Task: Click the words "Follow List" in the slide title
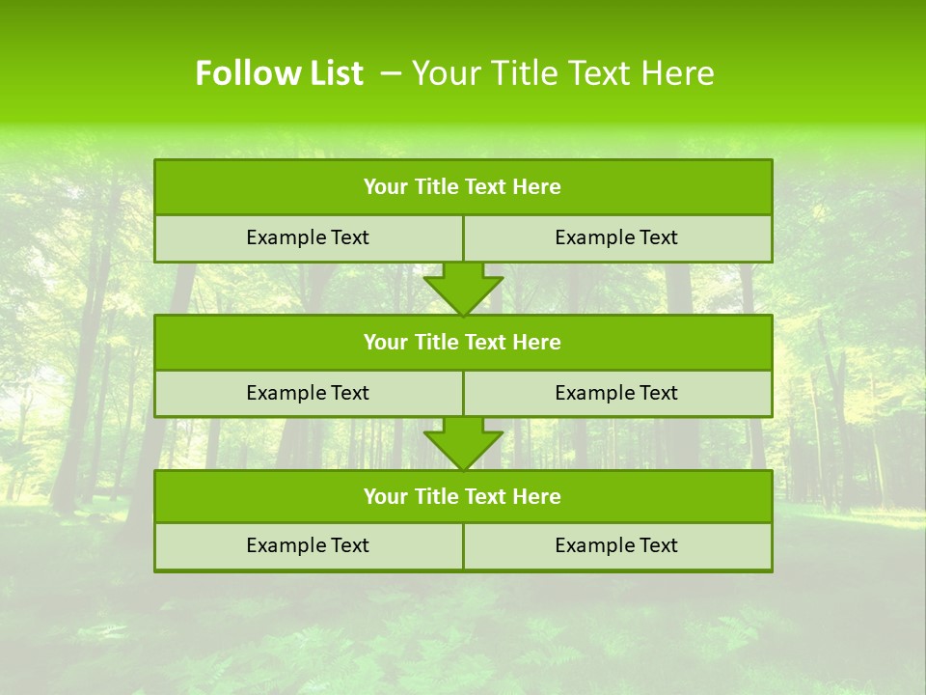(279, 73)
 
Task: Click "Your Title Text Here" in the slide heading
(563, 73)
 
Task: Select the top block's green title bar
(463, 187)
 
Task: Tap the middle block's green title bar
(463, 342)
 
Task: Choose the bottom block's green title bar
(463, 496)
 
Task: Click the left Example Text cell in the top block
(308, 237)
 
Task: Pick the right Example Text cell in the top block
(616, 237)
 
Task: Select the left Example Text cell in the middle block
(308, 393)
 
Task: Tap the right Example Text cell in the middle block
(616, 393)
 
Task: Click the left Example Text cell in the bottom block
(308, 545)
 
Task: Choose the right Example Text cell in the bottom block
(616, 545)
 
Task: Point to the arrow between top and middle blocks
(463, 288)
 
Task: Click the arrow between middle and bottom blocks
(463, 443)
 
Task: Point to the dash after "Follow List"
(392, 73)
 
